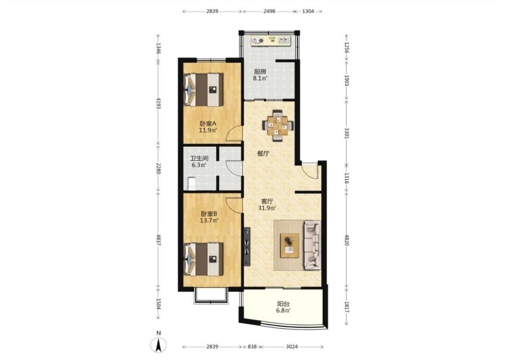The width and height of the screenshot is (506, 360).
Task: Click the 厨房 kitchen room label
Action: coord(260,72)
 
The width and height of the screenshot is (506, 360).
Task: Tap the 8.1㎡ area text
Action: coord(260,78)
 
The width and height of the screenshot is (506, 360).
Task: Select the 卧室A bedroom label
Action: coord(208,124)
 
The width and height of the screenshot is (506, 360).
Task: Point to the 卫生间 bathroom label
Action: coord(199,158)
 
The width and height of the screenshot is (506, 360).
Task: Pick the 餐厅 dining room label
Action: coord(263,154)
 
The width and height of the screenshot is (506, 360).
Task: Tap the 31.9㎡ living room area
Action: coord(267,208)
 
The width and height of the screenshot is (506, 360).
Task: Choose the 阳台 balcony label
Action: coord(283,304)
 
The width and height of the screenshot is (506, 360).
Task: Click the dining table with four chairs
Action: coord(278,126)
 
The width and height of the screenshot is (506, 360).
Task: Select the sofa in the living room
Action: coord(312,245)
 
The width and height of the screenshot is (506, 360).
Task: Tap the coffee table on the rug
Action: coord(290,245)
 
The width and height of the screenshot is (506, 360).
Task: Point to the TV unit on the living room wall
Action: coord(247,247)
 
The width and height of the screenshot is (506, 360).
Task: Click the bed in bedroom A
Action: coord(203,90)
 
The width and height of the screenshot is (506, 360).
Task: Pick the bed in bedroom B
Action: coord(203,260)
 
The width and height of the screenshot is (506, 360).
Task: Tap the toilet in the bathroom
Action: coord(191,184)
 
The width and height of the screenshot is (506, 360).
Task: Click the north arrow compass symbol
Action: coord(158,345)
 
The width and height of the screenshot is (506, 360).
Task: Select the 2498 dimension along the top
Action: coord(269,11)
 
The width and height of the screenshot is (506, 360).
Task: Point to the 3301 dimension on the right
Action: coord(347,133)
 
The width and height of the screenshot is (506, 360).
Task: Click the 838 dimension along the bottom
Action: coord(252,347)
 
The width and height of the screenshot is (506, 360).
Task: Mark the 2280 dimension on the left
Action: coord(158,168)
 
